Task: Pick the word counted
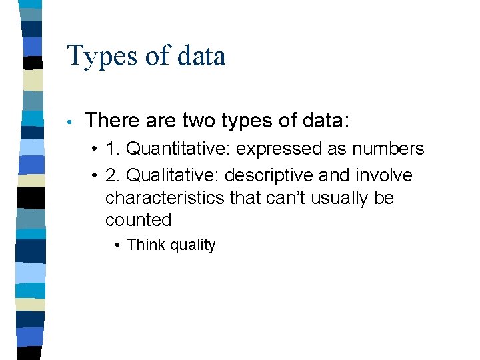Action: click(138, 220)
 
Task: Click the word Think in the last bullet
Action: click(145, 245)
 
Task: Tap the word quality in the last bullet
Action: click(193, 245)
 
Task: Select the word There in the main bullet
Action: click(109, 121)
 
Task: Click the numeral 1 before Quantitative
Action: click(110, 149)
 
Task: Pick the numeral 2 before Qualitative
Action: click(110, 176)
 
